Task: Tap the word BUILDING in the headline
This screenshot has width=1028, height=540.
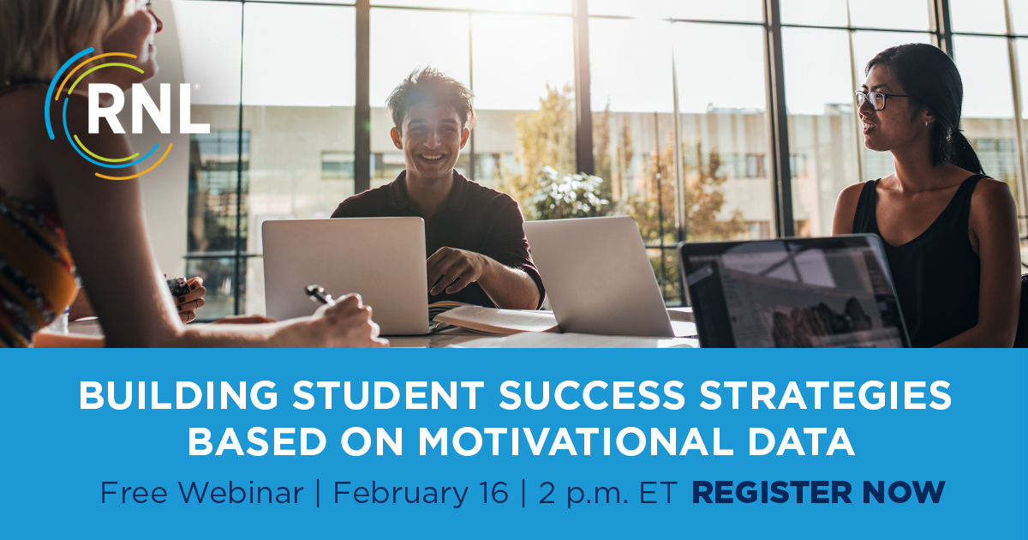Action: [x=178, y=395]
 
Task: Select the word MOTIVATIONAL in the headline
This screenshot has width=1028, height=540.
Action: [x=575, y=441]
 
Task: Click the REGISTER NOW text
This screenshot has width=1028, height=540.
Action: [x=818, y=492]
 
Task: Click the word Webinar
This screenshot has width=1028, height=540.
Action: [x=241, y=492]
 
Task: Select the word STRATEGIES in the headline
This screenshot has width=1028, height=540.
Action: [x=825, y=395]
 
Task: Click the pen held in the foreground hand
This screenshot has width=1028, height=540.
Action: [x=320, y=294]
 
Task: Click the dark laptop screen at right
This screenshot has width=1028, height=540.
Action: [x=793, y=294]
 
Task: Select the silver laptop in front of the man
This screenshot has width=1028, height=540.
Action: [x=345, y=275]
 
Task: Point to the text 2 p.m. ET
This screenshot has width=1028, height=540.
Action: [x=607, y=494]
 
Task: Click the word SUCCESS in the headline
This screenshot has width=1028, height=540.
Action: [x=592, y=395]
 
